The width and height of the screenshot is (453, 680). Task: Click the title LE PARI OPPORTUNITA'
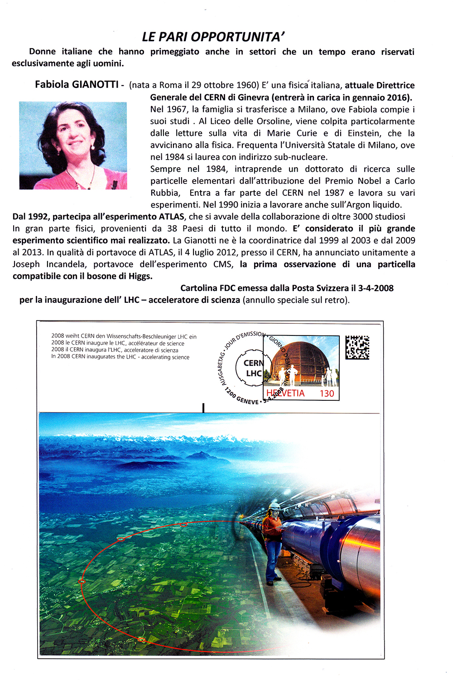(213, 37)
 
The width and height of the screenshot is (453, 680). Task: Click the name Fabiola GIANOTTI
(77, 84)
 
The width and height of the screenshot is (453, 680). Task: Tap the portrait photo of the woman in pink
(73, 145)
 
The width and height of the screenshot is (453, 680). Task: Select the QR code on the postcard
(357, 348)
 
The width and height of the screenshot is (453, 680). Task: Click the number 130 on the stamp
(327, 393)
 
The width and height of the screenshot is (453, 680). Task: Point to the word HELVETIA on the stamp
(285, 393)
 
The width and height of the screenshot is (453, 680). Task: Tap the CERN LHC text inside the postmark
(253, 368)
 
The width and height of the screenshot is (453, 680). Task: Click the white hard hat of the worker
(274, 506)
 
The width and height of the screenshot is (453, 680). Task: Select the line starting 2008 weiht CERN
(124, 336)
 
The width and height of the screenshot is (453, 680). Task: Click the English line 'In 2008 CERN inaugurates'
(120, 357)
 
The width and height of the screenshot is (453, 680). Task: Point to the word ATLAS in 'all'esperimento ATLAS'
(171, 217)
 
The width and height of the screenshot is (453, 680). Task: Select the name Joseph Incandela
(50, 264)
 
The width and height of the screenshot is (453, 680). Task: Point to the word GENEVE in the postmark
(247, 401)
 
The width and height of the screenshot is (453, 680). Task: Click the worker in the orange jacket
(273, 539)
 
